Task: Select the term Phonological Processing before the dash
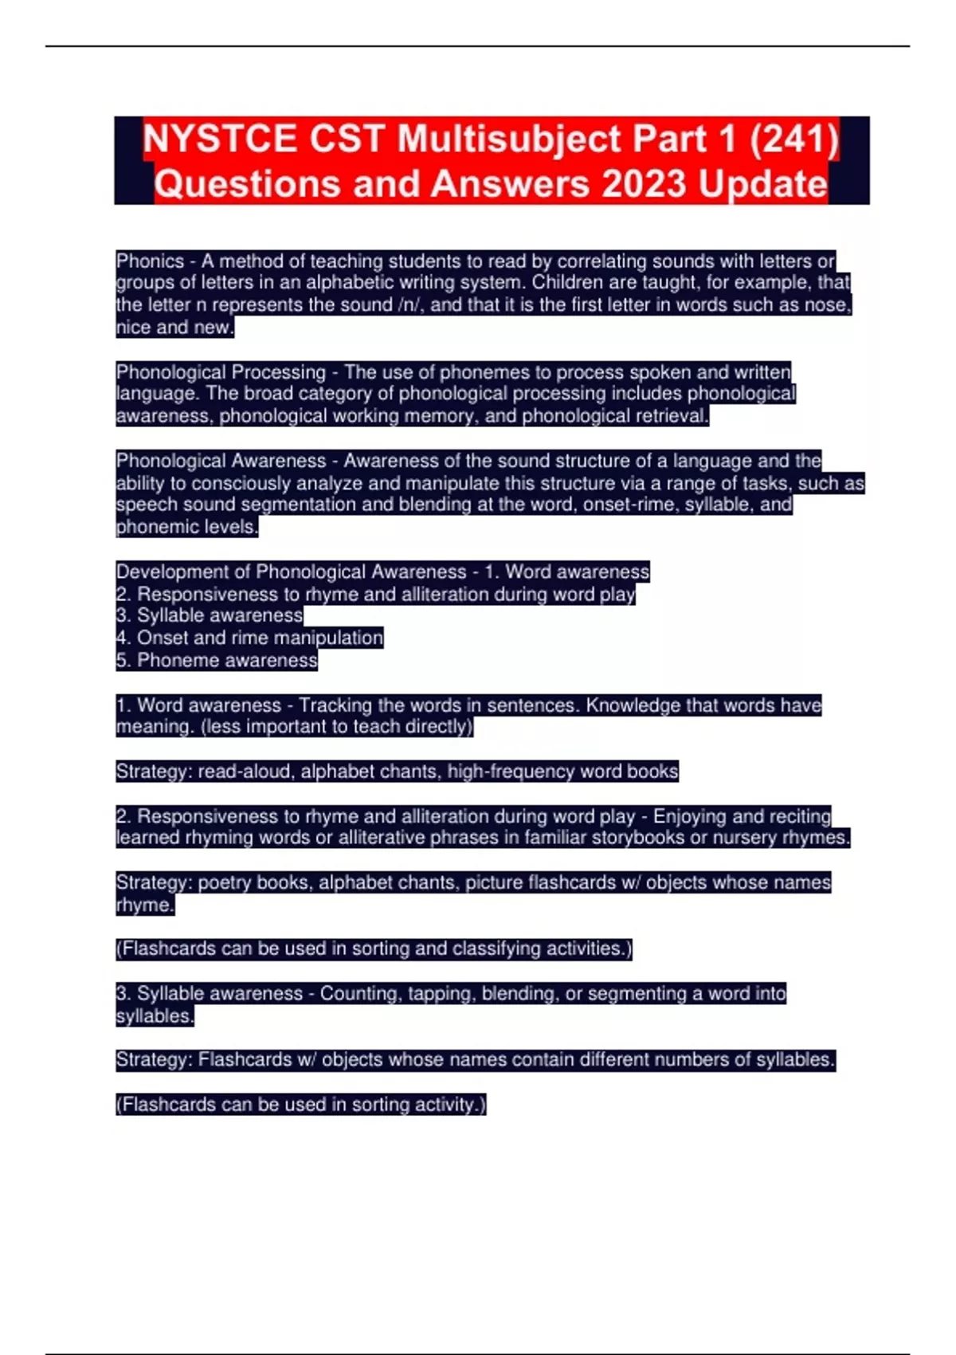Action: click(x=221, y=372)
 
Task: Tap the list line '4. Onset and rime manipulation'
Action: click(x=249, y=638)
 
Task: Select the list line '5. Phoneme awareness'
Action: click(x=217, y=660)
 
